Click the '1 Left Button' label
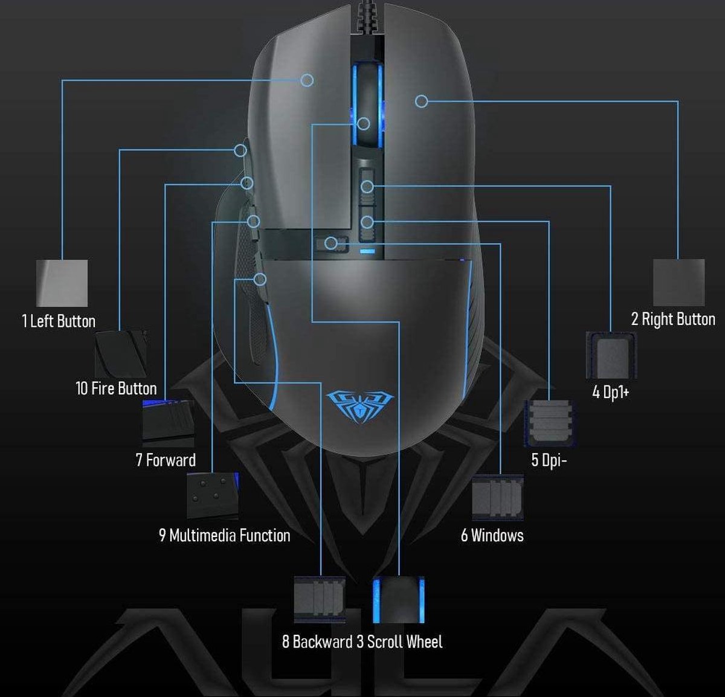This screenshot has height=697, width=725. (x=59, y=321)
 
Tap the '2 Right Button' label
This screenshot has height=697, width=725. (x=673, y=320)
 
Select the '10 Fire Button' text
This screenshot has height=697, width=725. (x=116, y=388)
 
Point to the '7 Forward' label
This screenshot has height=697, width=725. (x=166, y=460)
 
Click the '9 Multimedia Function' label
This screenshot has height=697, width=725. (x=225, y=535)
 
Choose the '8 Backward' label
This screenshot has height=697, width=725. (x=317, y=641)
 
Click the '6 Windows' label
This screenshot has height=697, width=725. (x=492, y=535)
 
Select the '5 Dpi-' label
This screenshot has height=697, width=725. (x=549, y=460)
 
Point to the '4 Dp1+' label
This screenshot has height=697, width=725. (x=611, y=392)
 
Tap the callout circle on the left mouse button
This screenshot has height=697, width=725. (x=308, y=80)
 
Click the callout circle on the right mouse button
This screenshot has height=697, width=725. (x=421, y=101)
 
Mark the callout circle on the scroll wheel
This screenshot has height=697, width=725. (x=364, y=124)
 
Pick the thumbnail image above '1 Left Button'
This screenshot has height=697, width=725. (x=62, y=283)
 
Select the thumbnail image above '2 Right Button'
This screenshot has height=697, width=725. (x=679, y=283)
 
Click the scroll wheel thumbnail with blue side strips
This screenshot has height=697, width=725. (x=399, y=600)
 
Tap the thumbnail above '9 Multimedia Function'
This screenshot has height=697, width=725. (x=213, y=496)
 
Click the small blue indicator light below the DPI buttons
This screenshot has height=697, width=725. (x=367, y=251)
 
